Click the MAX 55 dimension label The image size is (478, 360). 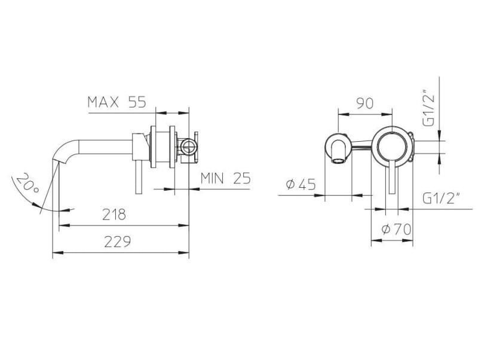(117, 102)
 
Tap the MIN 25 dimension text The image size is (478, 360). (226, 178)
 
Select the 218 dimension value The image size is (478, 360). (114, 214)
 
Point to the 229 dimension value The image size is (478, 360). (117, 242)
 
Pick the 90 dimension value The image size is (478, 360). (364, 103)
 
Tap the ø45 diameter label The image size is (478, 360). (301, 184)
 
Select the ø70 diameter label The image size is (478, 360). (396, 229)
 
